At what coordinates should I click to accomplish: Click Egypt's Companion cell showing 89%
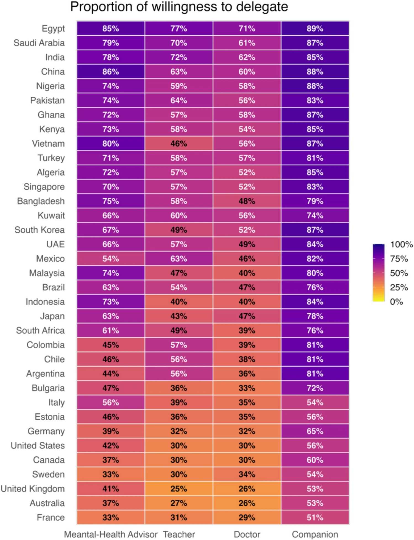click(x=315, y=28)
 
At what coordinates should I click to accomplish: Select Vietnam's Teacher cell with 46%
click(x=179, y=144)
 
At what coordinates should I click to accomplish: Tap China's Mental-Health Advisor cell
click(x=110, y=72)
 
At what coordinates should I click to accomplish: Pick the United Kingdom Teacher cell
click(x=179, y=489)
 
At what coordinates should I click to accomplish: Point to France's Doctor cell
click(x=247, y=517)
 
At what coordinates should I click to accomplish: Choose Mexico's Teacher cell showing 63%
click(x=179, y=259)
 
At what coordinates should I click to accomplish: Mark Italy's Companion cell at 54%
click(x=315, y=402)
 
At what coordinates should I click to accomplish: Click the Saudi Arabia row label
click(x=39, y=43)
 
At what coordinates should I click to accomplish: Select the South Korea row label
click(x=39, y=230)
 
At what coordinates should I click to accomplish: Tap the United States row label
click(x=38, y=446)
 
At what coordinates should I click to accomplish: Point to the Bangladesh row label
click(x=41, y=201)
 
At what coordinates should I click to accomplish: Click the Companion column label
click(x=315, y=534)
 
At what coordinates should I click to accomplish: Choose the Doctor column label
click(x=247, y=534)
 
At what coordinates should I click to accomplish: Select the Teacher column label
click(x=179, y=534)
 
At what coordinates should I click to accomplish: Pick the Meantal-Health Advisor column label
click(x=110, y=534)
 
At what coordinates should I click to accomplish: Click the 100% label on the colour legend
click(x=401, y=244)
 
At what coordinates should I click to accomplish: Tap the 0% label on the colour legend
click(x=396, y=302)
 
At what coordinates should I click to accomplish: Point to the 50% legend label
click(x=399, y=273)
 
